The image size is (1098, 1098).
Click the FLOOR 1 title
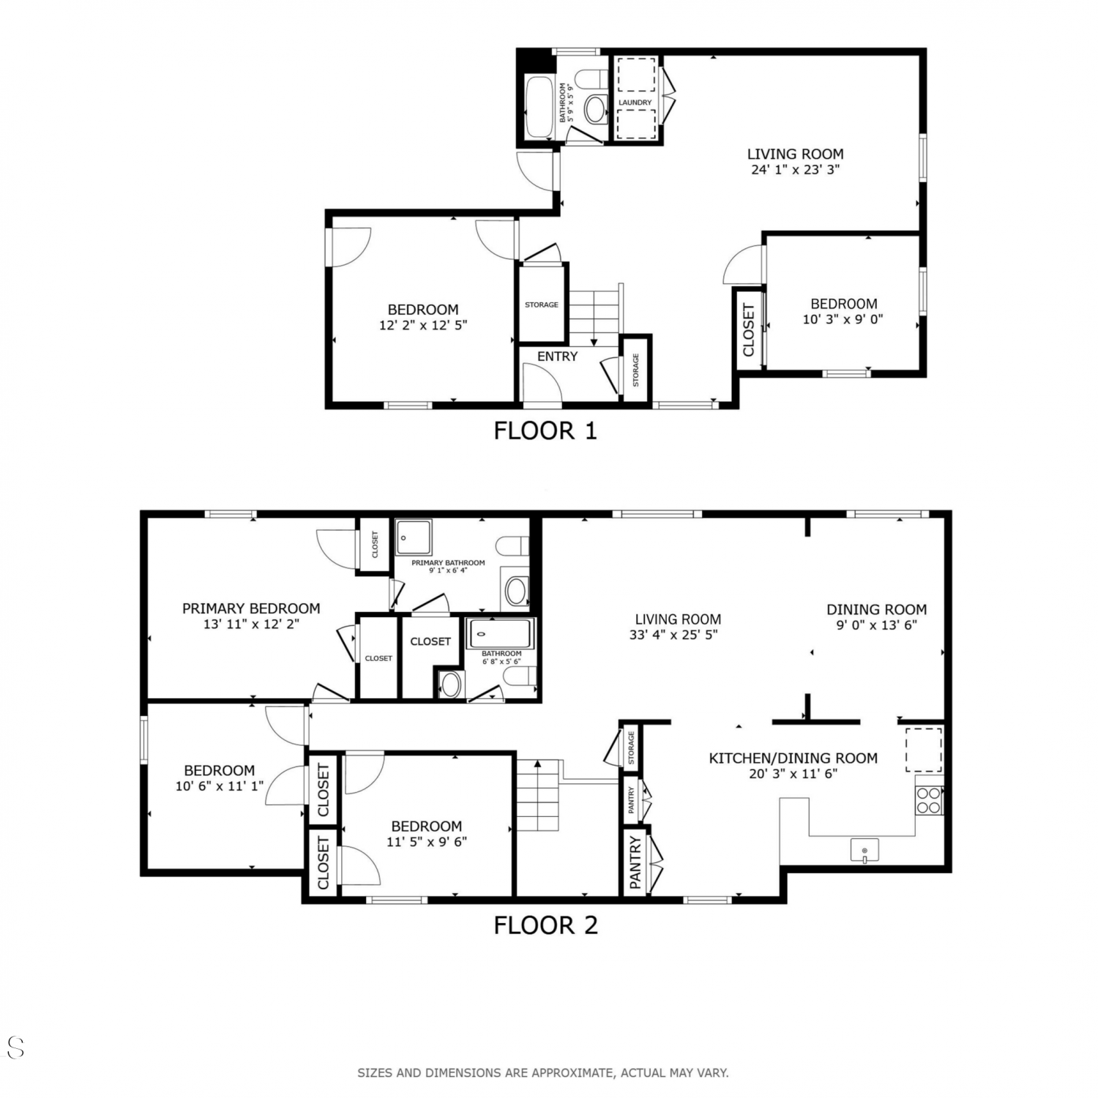coord(545,430)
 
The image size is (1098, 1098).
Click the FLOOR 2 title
coord(545,925)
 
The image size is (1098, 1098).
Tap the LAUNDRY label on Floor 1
coord(635,102)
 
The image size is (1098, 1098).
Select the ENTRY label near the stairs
coord(558,356)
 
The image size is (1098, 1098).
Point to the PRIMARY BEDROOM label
coord(251,608)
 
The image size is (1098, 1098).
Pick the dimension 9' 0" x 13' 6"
coord(877,625)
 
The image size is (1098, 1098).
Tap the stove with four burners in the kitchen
coord(929,800)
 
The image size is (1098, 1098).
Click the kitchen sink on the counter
coord(864,851)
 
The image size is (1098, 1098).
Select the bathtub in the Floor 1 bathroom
coord(539,106)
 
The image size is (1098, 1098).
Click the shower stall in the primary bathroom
coord(414,538)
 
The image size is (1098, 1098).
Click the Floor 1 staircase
coord(594,315)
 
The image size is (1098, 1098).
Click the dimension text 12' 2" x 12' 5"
coord(423,325)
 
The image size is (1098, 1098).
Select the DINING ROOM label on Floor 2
coord(877,609)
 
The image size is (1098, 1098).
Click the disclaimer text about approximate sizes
coord(543,1073)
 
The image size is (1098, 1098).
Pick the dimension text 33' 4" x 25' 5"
coord(678,635)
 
